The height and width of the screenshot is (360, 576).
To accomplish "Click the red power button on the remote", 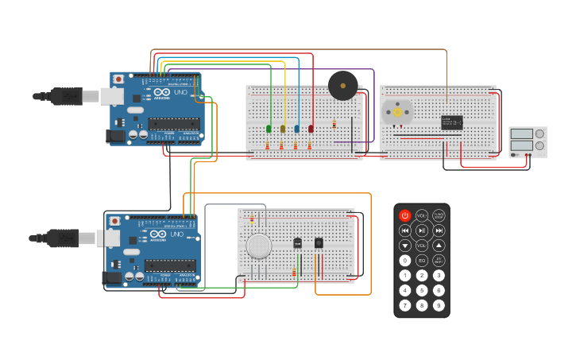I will coord(405,215).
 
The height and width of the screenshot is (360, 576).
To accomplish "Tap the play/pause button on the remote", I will coord(422,230).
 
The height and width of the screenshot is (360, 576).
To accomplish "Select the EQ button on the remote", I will coord(422,261).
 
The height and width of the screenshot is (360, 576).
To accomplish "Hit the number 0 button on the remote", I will coord(405,261).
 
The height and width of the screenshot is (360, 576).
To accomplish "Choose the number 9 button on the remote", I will coord(439,305).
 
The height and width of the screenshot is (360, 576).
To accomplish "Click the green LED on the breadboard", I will coord(269,128).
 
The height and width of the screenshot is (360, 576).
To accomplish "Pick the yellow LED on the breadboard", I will coord(283,128).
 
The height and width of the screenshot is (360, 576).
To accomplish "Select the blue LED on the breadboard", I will coord(297,128).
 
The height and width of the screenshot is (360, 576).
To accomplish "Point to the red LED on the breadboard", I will coord(311,128).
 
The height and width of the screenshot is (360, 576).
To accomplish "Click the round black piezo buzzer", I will coord(343,86).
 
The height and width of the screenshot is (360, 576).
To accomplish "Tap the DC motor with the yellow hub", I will coord(396,112).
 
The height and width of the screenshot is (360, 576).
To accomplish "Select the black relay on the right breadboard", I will coord(451,122).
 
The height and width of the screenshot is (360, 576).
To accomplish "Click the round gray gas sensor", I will coord(259,246).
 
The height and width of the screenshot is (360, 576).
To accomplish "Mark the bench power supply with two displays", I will coord(528,141).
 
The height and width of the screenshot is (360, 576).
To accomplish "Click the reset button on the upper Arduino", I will coord(118,79).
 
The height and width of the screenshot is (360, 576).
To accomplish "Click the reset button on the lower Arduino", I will coord(114,221).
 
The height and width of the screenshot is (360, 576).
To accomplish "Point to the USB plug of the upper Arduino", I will coord(67,96).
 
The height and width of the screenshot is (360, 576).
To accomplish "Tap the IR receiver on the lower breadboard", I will coord(319,242).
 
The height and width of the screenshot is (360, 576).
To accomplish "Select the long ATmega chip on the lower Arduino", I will coord(170,265).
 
